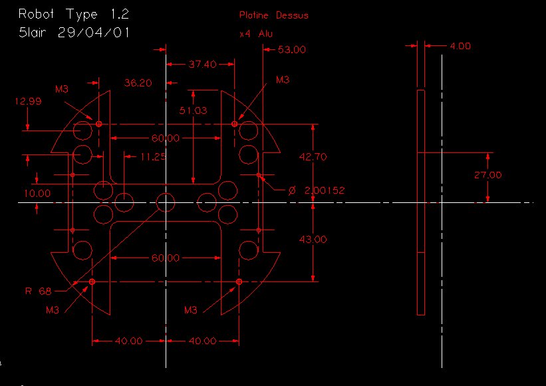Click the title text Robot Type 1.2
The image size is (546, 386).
[74, 15]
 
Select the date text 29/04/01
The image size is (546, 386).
[94, 33]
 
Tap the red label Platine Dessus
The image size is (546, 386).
[274, 15]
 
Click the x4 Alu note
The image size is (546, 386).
[256, 34]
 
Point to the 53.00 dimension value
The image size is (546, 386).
[292, 49]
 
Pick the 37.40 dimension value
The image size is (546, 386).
[202, 64]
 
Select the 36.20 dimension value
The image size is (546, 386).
[138, 83]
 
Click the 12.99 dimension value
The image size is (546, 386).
[28, 101]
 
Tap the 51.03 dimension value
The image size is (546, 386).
[193, 110]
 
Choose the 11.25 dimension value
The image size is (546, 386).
[153, 157]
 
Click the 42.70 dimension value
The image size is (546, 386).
[313, 157]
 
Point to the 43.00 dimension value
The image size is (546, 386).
[313, 240]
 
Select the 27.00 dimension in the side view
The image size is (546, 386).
[488, 175]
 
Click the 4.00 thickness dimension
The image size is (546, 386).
[460, 46]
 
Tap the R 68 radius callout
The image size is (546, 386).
[39, 291]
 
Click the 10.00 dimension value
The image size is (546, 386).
[37, 194]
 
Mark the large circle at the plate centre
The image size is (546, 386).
[166, 202]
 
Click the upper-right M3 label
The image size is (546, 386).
[283, 80]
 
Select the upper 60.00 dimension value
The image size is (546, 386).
[166, 138]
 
